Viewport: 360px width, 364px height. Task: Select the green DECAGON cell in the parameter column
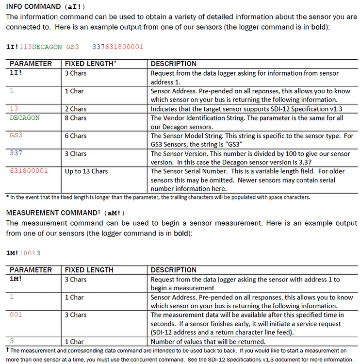[25, 117]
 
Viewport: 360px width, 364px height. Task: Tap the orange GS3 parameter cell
[16, 135]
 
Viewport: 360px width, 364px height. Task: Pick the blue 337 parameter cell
[16, 153]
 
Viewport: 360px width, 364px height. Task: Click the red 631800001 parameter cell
[29, 171]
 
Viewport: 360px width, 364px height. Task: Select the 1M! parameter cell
[17, 279]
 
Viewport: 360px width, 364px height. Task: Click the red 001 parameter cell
[16, 314]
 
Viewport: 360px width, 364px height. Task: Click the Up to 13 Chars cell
[86, 171]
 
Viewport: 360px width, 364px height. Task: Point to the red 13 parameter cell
[14, 108]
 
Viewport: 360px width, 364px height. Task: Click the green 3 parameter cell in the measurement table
[12, 341]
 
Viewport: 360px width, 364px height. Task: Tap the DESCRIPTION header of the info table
[173, 64]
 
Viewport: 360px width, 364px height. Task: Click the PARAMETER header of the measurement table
[31, 270]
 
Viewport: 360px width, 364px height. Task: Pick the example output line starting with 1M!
[23, 253]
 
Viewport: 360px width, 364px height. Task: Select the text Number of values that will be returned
[208, 342]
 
